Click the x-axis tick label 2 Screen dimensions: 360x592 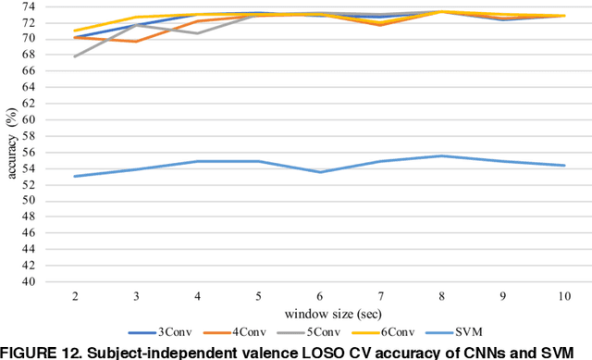click(x=74, y=295)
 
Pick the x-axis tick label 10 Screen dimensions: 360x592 click(x=564, y=295)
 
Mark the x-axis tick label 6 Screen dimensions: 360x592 click(x=319, y=295)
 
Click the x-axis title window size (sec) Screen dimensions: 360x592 click(x=318, y=313)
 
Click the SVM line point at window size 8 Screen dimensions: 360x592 click(x=442, y=155)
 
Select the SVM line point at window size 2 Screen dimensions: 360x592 click(x=75, y=176)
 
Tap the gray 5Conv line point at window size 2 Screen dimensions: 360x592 click(x=75, y=56)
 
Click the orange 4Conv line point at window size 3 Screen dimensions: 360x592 click(x=136, y=41)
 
